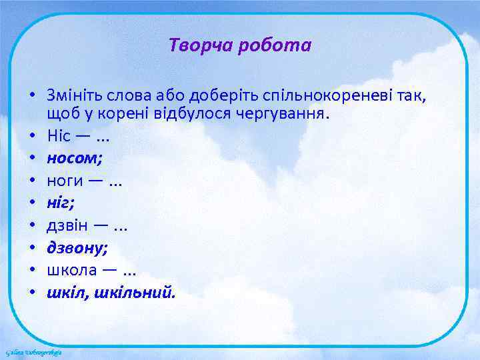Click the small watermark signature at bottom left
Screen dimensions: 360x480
pos(33,351)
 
